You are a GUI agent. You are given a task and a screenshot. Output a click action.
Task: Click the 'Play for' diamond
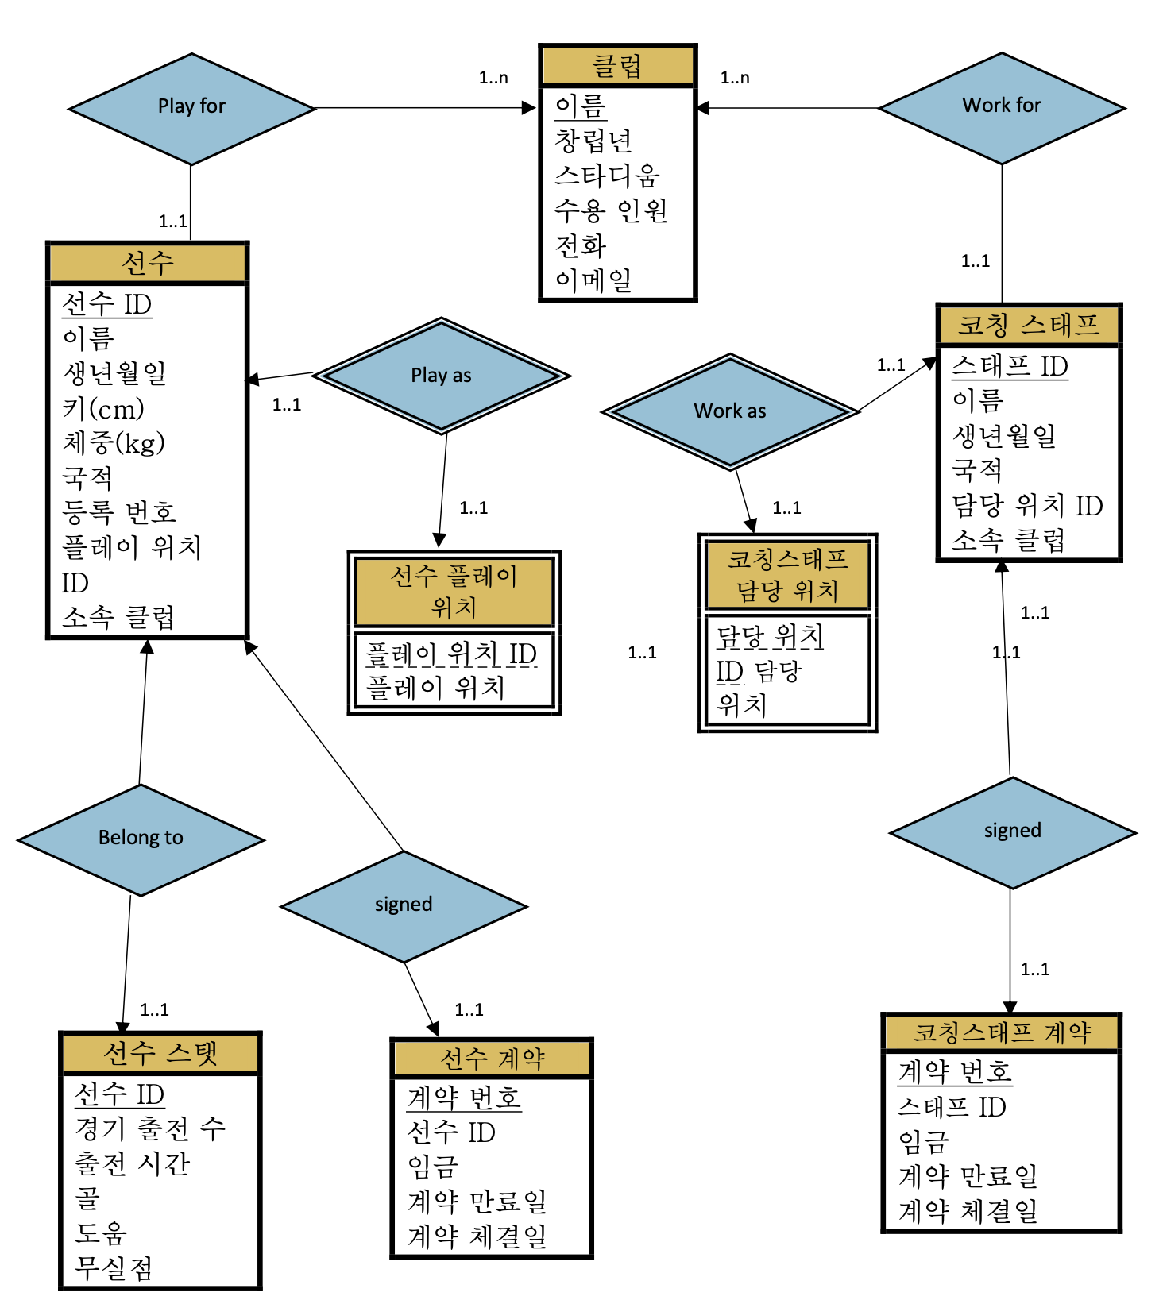[x=191, y=107]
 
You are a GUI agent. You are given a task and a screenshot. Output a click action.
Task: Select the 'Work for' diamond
[x=1001, y=106]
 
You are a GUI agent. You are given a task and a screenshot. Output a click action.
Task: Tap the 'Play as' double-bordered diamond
[x=441, y=376]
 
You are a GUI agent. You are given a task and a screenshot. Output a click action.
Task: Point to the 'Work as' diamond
[x=729, y=411]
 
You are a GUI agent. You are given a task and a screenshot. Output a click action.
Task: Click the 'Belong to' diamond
[x=141, y=839]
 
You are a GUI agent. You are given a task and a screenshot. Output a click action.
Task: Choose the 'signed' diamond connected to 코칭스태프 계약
[x=1012, y=831]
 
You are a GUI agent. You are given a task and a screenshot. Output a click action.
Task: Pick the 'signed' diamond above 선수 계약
[x=404, y=905]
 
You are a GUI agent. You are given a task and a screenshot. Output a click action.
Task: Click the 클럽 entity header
[x=617, y=66]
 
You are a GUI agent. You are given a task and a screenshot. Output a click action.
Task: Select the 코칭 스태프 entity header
[x=1028, y=325]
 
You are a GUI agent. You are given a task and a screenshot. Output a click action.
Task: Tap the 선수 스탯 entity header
[x=160, y=1054]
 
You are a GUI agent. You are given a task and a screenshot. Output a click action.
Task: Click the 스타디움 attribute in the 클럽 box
[x=607, y=176]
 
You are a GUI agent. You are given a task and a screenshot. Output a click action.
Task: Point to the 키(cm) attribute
[x=103, y=409]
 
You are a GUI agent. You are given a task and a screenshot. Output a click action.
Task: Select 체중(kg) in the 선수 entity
[x=114, y=443]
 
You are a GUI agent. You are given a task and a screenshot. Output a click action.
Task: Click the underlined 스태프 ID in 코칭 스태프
[x=1009, y=367]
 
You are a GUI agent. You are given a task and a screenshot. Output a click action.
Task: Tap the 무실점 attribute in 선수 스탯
[x=113, y=1268]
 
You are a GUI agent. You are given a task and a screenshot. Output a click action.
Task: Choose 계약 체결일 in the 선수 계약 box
[x=477, y=1236]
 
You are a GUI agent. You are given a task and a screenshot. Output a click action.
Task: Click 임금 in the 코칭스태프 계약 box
[x=923, y=1142]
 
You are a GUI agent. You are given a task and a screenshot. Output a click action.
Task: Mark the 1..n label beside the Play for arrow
[x=493, y=78]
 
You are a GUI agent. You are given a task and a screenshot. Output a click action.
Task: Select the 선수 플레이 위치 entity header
[x=454, y=592]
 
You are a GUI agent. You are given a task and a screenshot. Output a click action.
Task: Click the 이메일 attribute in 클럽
[x=593, y=280]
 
